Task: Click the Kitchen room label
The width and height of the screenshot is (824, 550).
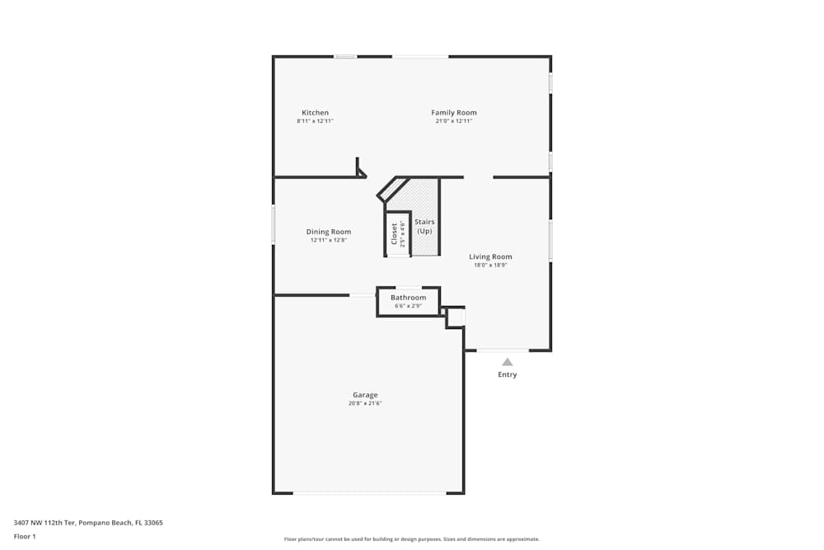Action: [315, 113]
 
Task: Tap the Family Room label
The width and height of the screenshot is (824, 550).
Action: [453, 113]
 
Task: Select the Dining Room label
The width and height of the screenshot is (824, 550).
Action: [329, 232]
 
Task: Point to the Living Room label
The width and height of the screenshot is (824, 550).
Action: [490, 256]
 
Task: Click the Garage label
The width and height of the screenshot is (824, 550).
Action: [365, 395]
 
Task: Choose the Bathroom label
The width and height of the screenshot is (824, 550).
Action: [408, 298]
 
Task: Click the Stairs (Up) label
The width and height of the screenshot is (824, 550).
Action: [424, 226]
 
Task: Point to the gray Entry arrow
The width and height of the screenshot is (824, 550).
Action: [508, 361]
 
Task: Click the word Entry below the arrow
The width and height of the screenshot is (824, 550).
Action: [508, 375]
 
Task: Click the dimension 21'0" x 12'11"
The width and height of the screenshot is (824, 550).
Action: [453, 121]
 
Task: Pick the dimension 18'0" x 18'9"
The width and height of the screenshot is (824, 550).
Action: [490, 266]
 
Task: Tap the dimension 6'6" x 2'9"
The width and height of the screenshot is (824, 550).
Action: [408, 307]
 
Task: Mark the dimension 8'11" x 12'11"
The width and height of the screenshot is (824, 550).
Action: [315, 121]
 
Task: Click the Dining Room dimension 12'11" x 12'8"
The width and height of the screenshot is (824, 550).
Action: [329, 241]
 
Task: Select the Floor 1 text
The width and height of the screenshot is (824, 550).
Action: [25, 536]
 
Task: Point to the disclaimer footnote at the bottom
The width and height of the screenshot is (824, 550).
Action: [411, 539]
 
